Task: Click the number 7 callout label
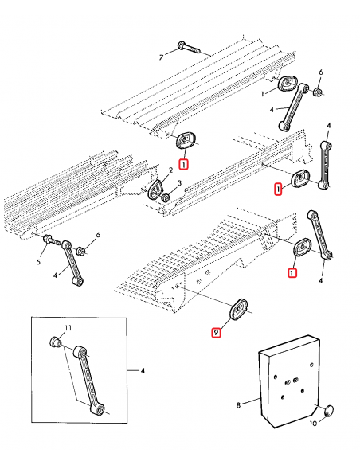pyautogui.click(x=161, y=57)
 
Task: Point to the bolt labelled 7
pyautogui.click(x=189, y=48)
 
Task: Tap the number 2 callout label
pyautogui.click(x=170, y=170)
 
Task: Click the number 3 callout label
pyautogui.click(x=179, y=183)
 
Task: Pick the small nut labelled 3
pyautogui.click(x=166, y=197)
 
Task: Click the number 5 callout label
pyautogui.click(x=38, y=262)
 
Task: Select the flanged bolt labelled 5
pyautogui.click(x=53, y=240)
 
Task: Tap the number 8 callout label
pyautogui.click(x=238, y=404)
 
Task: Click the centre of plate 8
pyautogui.click(x=288, y=382)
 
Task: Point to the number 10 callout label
pyautogui.click(x=313, y=424)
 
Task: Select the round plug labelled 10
pyautogui.click(x=328, y=411)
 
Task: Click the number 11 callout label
pyautogui.click(x=68, y=328)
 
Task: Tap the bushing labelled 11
pyautogui.click(x=55, y=342)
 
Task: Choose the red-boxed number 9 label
pyautogui.click(x=216, y=333)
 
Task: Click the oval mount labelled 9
pyautogui.click(x=238, y=310)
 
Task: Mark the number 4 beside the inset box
pyautogui.click(x=143, y=371)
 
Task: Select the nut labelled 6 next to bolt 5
pyautogui.click(x=80, y=251)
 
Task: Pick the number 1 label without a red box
pyautogui.click(x=263, y=94)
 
